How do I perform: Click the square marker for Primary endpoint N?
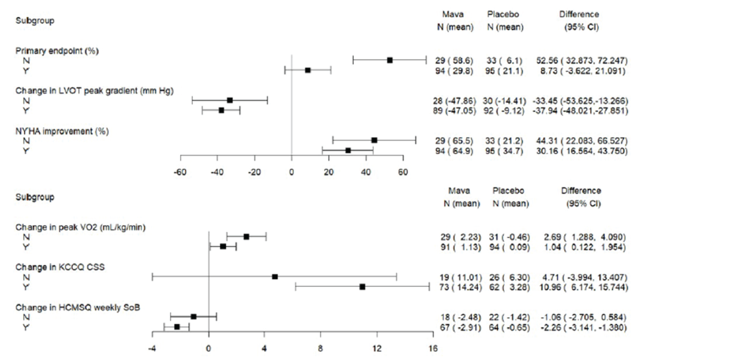tap(390, 60)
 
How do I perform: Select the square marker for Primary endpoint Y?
tap(308, 70)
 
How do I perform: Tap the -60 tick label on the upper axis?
tap(180, 172)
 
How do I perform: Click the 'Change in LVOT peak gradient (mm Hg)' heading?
tap(94, 91)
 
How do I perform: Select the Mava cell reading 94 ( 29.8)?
tap(454, 71)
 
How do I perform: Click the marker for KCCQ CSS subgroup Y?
tap(362, 287)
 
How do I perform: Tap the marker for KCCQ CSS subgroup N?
tap(275, 277)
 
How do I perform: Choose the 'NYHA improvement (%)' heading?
tap(62, 131)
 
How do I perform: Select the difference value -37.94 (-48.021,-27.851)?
tap(580, 111)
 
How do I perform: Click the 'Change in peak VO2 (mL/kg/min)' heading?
tap(80, 227)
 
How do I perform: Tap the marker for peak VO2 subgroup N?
tap(247, 237)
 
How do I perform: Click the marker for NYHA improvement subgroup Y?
tap(348, 150)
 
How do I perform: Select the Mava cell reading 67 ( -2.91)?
tap(460, 327)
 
